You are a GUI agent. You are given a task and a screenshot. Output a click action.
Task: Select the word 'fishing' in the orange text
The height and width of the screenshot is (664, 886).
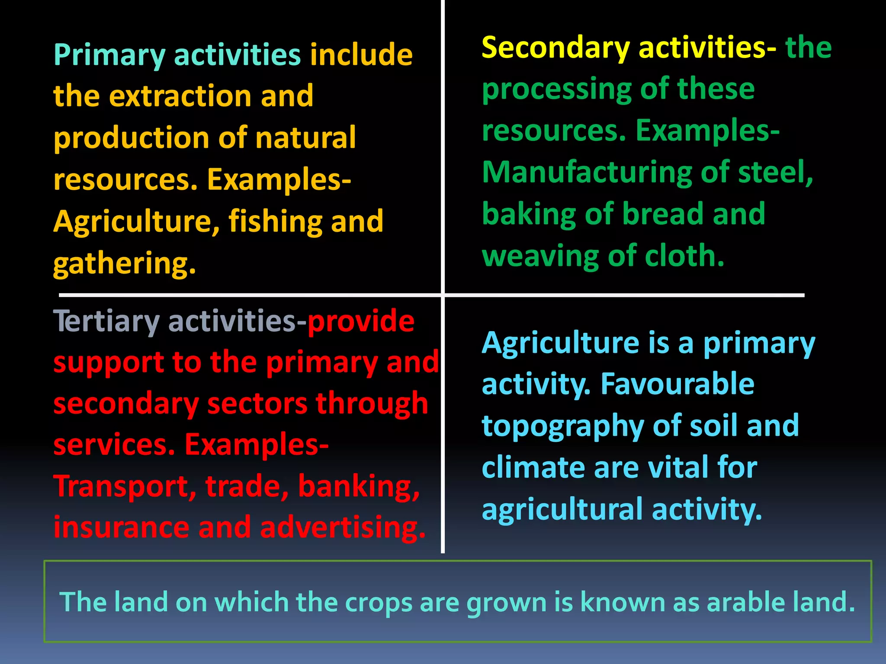tap(275, 221)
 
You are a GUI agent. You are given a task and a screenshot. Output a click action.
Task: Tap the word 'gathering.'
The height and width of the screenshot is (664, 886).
tap(125, 264)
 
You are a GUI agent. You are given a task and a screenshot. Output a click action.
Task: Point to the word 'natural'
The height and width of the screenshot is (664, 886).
tap(305, 137)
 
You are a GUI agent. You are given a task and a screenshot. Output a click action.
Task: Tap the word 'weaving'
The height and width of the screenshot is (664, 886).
tap(541, 256)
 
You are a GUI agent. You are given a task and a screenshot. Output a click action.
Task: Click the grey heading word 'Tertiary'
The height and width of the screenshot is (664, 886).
tap(106, 322)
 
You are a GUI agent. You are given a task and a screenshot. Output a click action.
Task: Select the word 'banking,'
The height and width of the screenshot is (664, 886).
tap(359, 487)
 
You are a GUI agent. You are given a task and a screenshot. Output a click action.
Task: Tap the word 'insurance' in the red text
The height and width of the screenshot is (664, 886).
tap(122, 527)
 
